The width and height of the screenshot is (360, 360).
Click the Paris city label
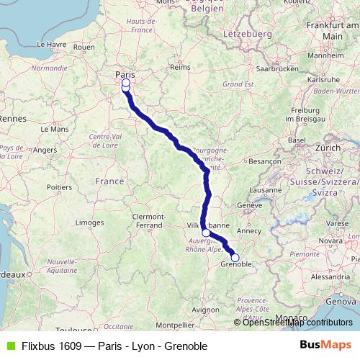[126, 73]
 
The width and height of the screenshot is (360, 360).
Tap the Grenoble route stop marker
[235, 257]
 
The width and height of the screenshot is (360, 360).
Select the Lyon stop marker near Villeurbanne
[206, 233]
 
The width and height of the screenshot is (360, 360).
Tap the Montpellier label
[174, 325]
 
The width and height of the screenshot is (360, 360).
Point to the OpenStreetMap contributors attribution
[292, 323]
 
